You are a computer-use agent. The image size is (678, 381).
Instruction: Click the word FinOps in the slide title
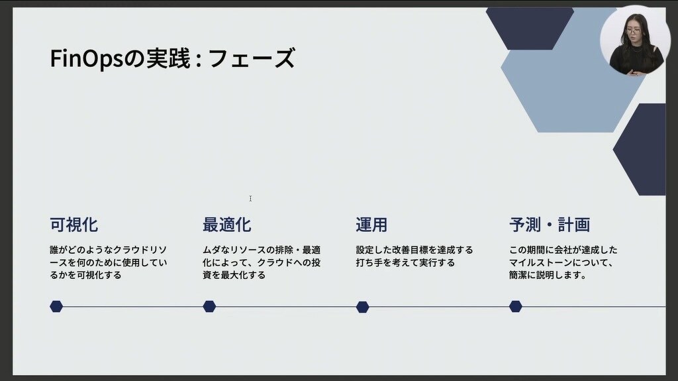click(87, 58)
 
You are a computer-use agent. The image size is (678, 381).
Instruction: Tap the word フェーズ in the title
click(252, 58)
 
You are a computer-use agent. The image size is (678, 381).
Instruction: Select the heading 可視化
click(74, 225)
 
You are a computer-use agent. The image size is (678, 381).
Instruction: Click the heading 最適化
click(227, 225)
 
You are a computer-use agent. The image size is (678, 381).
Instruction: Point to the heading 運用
click(371, 225)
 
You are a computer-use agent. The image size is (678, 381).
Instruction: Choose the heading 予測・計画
click(550, 225)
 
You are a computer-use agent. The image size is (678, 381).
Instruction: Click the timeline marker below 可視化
click(56, 307)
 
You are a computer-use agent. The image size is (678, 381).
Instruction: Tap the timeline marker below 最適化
click(209, 307)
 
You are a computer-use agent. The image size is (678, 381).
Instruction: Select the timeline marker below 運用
click(362, 307)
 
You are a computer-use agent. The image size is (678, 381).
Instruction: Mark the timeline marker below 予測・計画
click(515, 307)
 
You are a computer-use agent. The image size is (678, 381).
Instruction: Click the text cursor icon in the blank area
click(250, 198)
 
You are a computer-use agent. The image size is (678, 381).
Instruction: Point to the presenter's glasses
click(633, 31)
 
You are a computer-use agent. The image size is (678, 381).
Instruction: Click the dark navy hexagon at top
click(530, 28)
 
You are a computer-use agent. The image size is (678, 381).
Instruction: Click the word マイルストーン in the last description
click(540, 262)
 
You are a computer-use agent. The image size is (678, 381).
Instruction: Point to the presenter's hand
click(634, 73)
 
